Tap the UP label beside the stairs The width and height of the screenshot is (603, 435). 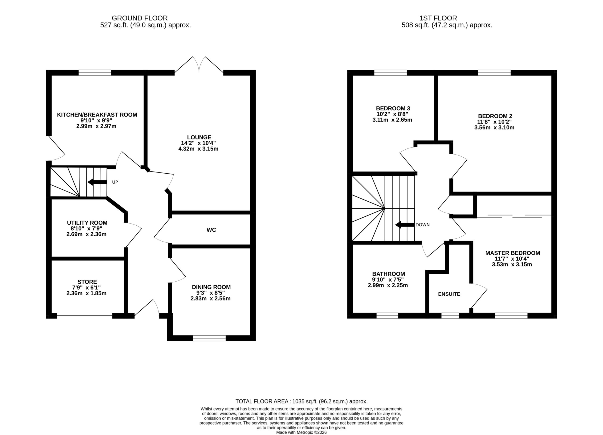click(x=115, y=182)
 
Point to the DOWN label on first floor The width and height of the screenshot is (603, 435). click(x=423, y=225)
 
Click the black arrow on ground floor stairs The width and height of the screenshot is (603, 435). click(x=97, y=182)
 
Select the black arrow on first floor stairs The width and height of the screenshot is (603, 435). click(x=405, y=225)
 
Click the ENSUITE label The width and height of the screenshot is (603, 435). click(x=449, y=294)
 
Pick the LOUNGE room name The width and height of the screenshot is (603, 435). click(x=199, y=137)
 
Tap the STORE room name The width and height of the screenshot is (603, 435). click(x=87, y=282)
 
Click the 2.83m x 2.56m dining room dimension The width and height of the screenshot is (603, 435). click(x=211, y=299)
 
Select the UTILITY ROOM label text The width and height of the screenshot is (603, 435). click(x=87, y=223)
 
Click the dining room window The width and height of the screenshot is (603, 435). click(x=209, y=338)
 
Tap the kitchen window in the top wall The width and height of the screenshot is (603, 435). click(x=95, y=72)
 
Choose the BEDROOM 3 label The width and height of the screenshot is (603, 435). click(x=393, y=108)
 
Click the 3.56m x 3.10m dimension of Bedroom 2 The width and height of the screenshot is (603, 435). click(x=494, y=128)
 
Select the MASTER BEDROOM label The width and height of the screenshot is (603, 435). click(x=513, y=253)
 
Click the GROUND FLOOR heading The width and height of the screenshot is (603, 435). click(x=140, y=18)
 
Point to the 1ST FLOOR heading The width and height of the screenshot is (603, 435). click(x=438, y=18)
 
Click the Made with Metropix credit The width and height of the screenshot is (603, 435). click(x=301, y=432)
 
